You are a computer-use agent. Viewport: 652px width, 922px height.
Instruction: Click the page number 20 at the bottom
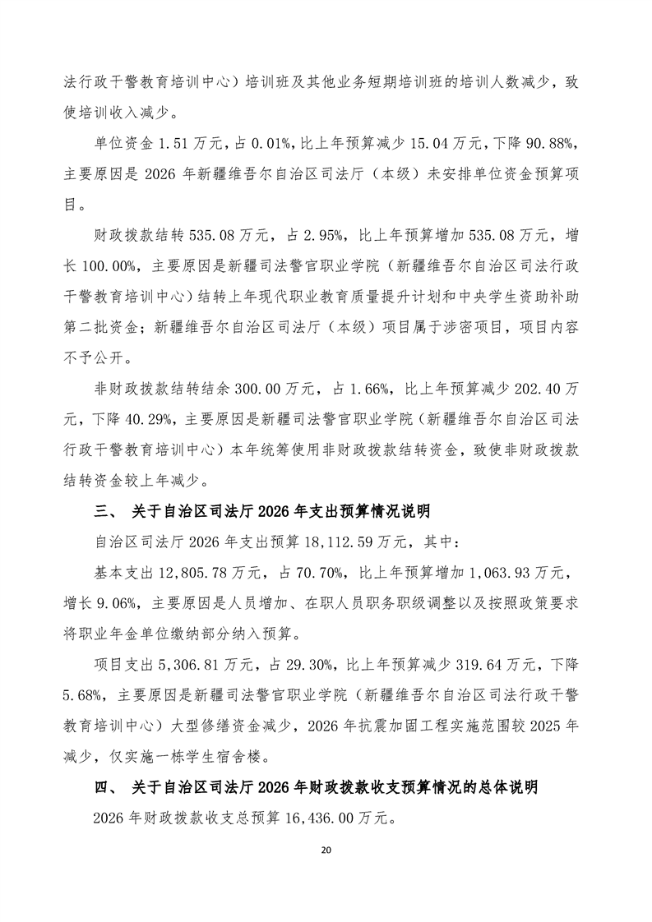tap(326, 848)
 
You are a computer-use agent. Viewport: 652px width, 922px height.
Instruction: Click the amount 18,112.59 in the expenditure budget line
tap(348, 542)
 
